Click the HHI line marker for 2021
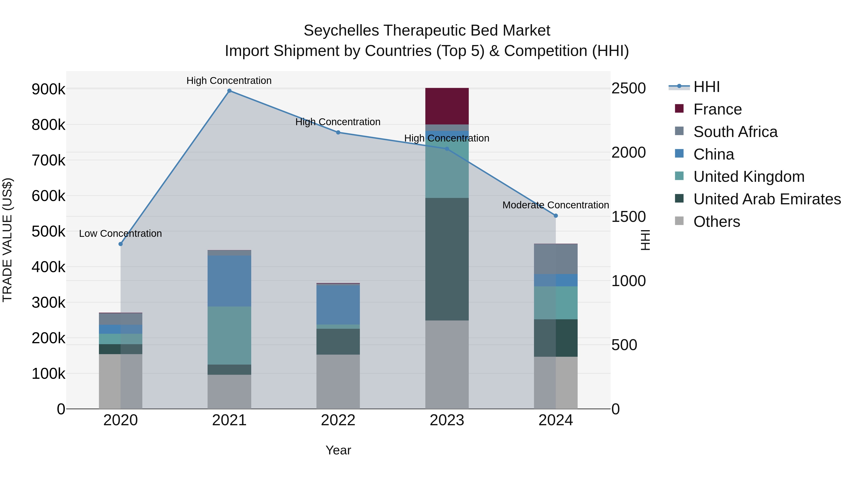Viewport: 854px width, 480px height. coord(229,91)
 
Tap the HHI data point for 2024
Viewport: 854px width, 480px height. coord(556,216)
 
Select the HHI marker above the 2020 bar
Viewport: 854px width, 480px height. coord(121,244)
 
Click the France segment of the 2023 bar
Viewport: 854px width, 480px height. coord(447,106)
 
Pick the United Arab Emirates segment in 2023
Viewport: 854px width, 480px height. coord(447,259)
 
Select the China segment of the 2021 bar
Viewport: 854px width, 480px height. coord(229,281)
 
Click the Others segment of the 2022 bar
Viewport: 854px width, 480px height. coord(338,382)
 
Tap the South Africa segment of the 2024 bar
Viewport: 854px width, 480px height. coord(556,259)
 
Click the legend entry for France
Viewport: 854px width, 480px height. coord(717,109)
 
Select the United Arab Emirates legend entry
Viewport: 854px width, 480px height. coord(767,199)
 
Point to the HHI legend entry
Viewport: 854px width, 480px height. coord(706,87)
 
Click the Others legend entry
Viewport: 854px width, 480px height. coord(716,222)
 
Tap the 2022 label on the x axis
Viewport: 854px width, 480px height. coord(338,420)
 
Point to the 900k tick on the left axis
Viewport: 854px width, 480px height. coord(48,89)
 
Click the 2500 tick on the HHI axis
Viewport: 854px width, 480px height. coord(628,88)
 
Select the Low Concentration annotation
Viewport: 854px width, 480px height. coord(120,233)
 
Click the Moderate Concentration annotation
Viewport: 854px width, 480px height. coord(556,205)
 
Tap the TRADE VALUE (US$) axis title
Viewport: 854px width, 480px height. coord(7,240)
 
